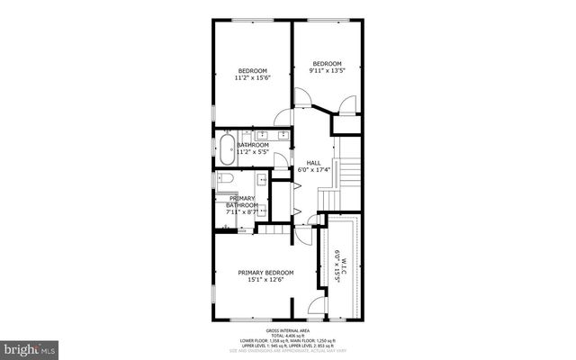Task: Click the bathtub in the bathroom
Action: [225, 149]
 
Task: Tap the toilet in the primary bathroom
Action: [225, 179]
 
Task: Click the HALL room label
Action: [314, 162]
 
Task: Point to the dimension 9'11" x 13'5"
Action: [328, 70]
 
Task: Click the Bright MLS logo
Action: [30, 346]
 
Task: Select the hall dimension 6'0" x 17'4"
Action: [314, 169]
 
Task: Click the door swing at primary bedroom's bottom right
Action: [316, 307]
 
